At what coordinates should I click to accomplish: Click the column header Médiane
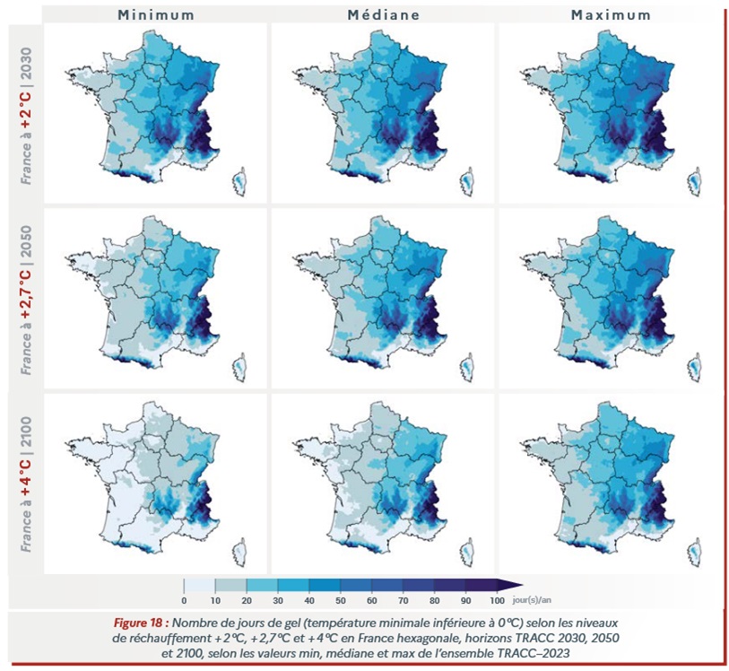(x=383, y=14)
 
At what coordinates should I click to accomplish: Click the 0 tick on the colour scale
(x=184, y=599)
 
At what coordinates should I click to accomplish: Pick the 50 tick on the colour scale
(x=340, y=599)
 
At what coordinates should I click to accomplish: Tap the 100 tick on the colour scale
(x=496, y=599)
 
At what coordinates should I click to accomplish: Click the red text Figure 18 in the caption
(x=142, y=622)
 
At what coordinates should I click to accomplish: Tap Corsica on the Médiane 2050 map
(x=467, y=367)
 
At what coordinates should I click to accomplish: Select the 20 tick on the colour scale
(x=247, y=599)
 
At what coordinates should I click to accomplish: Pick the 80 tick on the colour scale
(x=434, y=599)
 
